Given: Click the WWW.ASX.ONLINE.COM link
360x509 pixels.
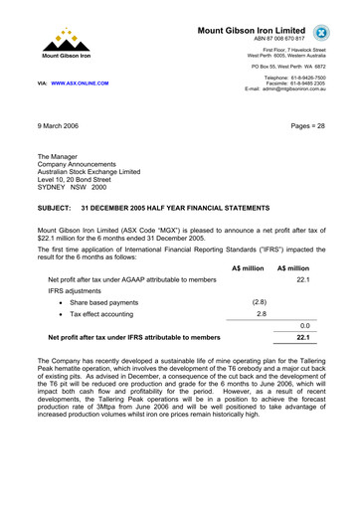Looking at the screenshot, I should (x=80, y=84).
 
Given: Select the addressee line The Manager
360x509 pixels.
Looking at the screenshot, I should (x=64, y=157).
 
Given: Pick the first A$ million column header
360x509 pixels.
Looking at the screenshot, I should (x=248, y=268).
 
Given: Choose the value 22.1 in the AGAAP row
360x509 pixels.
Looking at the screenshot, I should (x=303, y=281).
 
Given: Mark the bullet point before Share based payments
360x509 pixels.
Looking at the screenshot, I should (x=62, y=301).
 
